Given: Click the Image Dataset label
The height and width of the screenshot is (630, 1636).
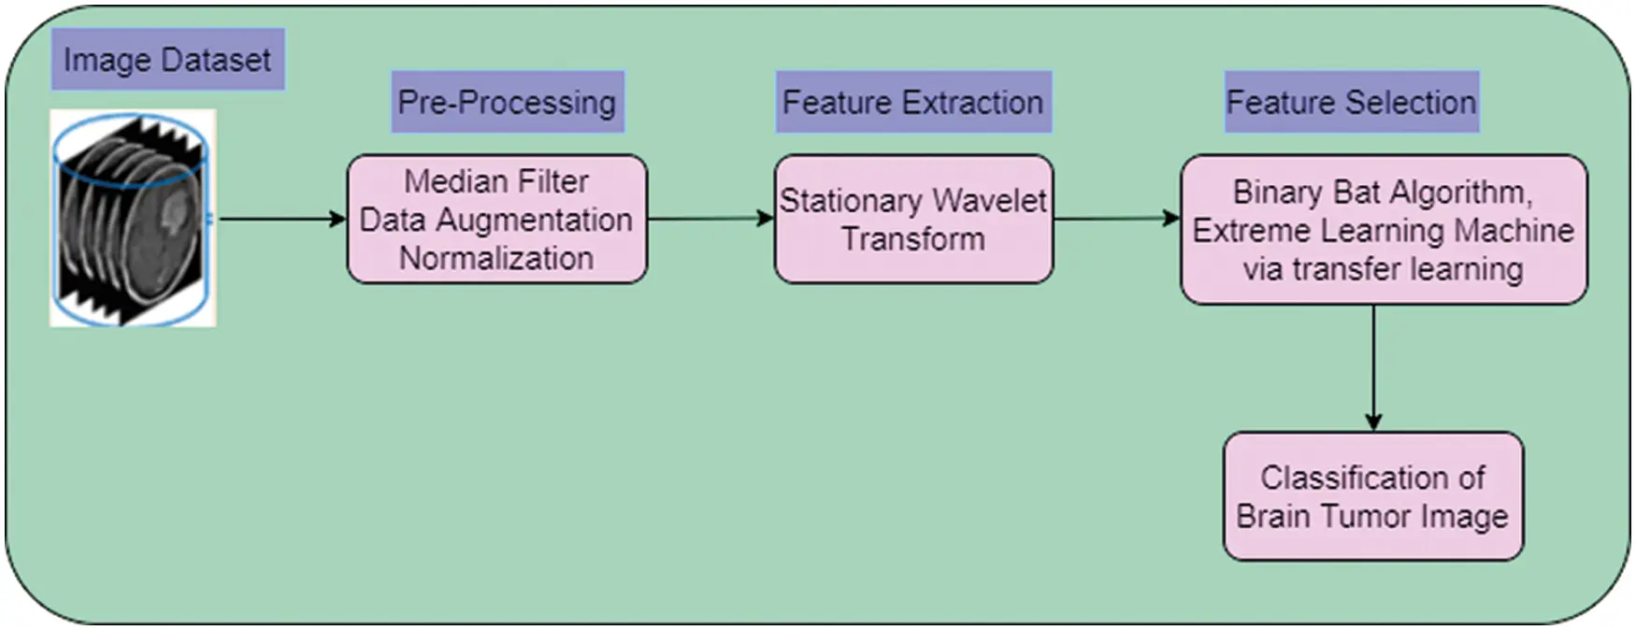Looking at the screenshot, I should [167, 60].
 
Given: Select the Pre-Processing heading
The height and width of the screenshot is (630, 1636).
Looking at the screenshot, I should [507, 102].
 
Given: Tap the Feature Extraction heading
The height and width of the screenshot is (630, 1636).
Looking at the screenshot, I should [912, 102].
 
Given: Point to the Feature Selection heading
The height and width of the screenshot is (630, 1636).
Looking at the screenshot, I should [1351, 102].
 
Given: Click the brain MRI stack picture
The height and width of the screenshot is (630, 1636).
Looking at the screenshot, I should [133, 218].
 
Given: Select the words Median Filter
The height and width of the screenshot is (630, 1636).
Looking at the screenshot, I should [496, 181].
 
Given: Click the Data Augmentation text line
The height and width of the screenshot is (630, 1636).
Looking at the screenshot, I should [496, 220].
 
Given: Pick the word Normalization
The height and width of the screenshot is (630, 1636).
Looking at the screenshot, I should [496, 258].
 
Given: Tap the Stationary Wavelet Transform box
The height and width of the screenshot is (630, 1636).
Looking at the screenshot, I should [913, 220].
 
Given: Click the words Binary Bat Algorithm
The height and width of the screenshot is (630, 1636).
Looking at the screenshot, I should [1382, 193].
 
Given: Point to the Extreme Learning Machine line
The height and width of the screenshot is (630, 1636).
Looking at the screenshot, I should [1383, 231].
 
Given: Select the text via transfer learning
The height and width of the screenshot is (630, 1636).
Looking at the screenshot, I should [1383, 269].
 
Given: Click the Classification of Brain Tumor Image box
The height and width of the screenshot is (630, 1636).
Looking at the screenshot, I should [1372, 496].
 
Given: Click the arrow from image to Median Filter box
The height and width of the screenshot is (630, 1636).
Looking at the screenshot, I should [280, 219].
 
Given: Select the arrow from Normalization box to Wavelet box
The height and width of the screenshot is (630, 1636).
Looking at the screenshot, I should [710, 219].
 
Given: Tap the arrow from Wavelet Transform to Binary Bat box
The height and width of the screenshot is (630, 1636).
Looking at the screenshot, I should [1116, 219].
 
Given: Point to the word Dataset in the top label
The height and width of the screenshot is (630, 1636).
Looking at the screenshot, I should [216, 60].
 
